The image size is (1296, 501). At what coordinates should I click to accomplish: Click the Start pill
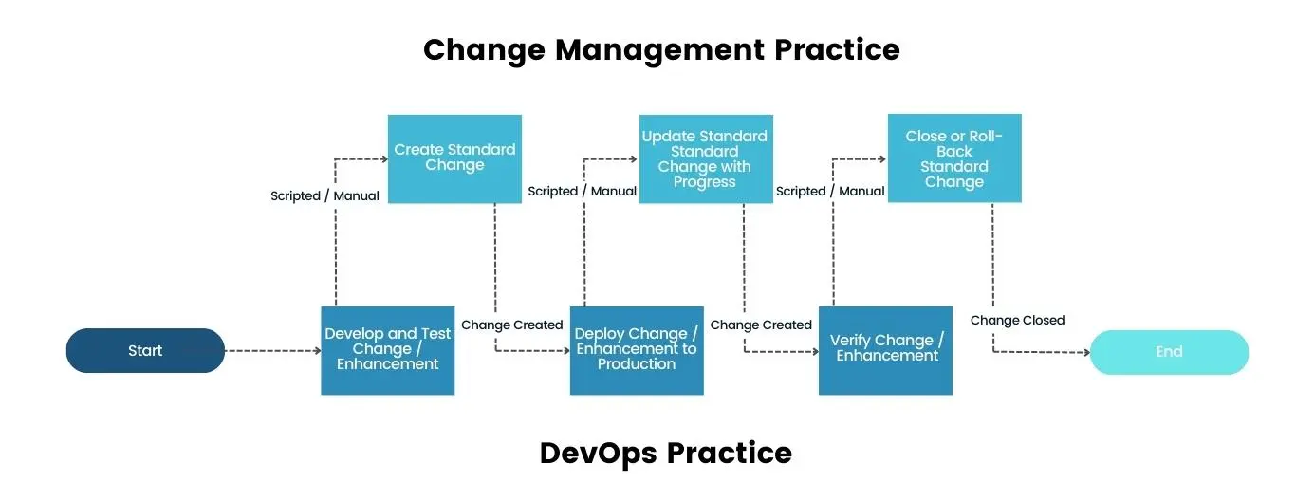click(x=145, y=351)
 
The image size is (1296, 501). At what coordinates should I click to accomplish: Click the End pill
click(x=1169, y=352)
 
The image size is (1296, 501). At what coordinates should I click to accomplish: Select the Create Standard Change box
click(x=454, y=158)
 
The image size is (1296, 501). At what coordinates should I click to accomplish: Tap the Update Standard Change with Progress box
click(x=704, y=158)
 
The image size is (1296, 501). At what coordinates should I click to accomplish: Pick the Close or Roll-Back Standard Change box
click(x=954, y=158)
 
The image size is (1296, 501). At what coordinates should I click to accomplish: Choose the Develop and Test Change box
click(x=388, y=350)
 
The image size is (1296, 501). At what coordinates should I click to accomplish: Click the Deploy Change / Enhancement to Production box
click(x=637, y=350)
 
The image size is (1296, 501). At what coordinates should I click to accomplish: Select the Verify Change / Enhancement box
click(x=886, y=349)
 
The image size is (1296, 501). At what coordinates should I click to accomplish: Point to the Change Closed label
click(x=1017, y=320)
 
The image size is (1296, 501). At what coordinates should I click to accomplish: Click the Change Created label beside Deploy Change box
click(x=512, y=325)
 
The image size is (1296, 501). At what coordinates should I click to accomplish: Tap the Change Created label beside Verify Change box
click(x=761, y=325)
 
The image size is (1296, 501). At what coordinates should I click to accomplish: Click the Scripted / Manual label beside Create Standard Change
click(x=324, y=195)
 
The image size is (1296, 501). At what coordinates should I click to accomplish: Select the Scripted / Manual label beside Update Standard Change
click(x=582, y=191)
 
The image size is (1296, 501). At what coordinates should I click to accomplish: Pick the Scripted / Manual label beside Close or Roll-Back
click(x=830, y=191)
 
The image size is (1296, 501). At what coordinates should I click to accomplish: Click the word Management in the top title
click(x=660, y=49)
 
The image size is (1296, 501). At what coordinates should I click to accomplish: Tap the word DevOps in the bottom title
click(x=597, y=453)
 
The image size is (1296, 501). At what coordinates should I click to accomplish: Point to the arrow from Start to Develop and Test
click(x=273, y=351)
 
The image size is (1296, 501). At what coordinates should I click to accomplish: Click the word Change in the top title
click(x=483, y=49)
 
